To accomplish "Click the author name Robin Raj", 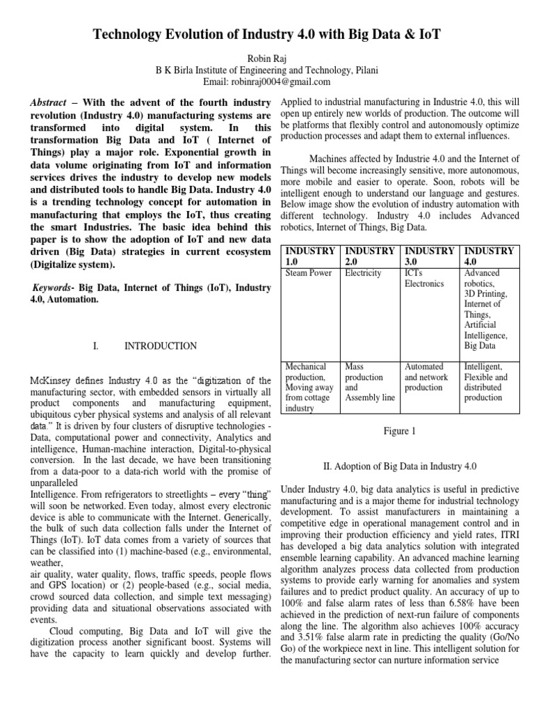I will click(266, 58).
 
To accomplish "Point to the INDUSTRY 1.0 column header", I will click(311, 256).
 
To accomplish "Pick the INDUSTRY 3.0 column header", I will click(430, 256).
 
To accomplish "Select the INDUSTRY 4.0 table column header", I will click(489, 256).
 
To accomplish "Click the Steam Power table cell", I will click(309, 274).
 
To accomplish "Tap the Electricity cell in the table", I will click(363, 274).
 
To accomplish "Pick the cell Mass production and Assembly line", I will click(369, 382).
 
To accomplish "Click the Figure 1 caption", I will click(400, 431).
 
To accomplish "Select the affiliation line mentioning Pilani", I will click(266, 70).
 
